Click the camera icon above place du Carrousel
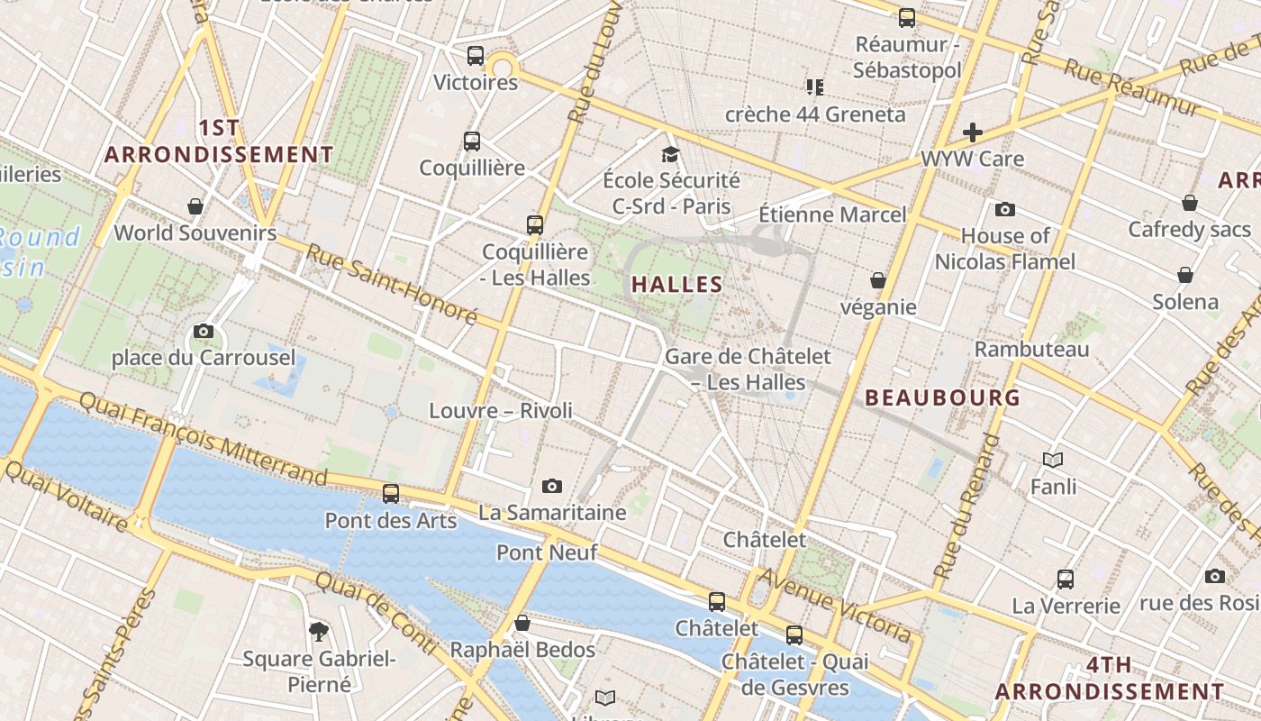(204, 331)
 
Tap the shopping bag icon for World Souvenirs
(195, 206)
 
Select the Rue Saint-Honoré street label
(391, 283)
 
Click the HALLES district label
(677, 285)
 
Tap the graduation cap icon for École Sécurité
(669, 153)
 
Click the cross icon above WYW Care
(973, 132)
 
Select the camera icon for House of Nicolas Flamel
(1005, 210)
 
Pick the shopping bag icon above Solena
(1185, 275)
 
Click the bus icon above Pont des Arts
(391, 493)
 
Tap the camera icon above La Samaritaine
(552, 487)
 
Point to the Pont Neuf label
(547, 552)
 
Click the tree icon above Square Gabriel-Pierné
(318, 631)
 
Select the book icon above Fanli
(1053, 461)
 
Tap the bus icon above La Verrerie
(1066, 579)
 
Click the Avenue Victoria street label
(835, 605)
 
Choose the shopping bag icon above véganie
(878, 280)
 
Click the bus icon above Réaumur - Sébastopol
(907, 17)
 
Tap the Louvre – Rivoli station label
(501, 411)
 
